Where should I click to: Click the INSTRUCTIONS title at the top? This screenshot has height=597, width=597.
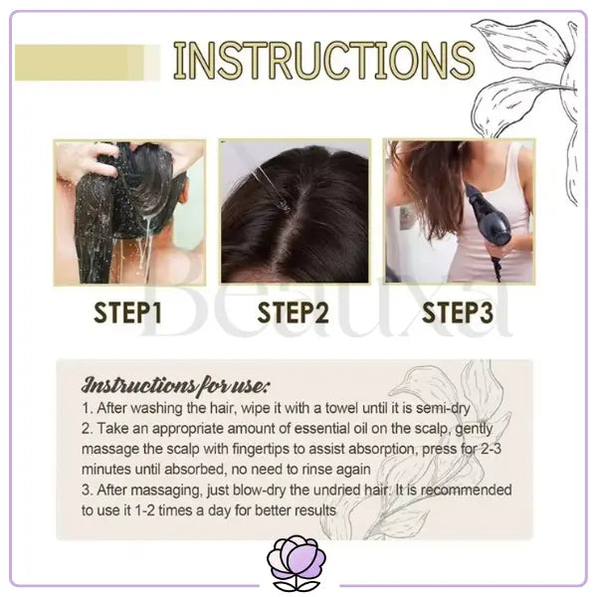pyautogui.click(x=324, y=61)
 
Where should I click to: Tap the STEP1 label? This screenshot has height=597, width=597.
pyautogui.click(x=127, y=313)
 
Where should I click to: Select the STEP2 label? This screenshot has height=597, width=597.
pyautogui.click(x=293, y=313)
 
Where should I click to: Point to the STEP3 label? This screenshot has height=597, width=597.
pyautogui.click(x=458, y=313)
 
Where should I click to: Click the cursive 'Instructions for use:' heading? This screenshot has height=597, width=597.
pyautogui.click(x=176, y=385)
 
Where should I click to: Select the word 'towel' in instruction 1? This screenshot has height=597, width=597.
pyautogui.click(x=341, y=408)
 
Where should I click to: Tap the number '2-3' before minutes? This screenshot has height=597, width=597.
pyautogui.click(x=491, y=449)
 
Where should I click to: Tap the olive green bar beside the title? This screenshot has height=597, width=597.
pyautogui.click(x=88, y=63)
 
